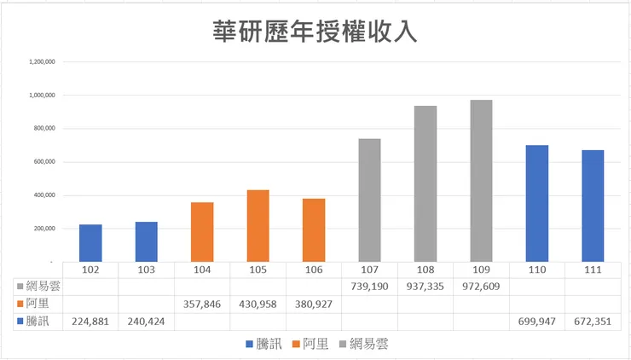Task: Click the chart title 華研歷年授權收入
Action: [315, 32]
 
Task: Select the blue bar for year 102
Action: [90, 243]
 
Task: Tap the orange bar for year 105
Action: [258, 226]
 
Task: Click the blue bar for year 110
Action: [537, 203]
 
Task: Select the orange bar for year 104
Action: [202, 232]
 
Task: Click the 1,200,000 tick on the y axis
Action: [43, 61]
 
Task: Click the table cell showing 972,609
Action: [482, 287]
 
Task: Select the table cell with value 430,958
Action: [258, 304]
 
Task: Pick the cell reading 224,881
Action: [90, 322]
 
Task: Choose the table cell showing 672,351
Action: [593, 322]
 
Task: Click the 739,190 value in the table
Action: [369, 287]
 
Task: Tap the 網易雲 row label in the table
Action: [43, 287]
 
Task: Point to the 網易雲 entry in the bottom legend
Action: [368, 344]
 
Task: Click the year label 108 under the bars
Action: [425, 270]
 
